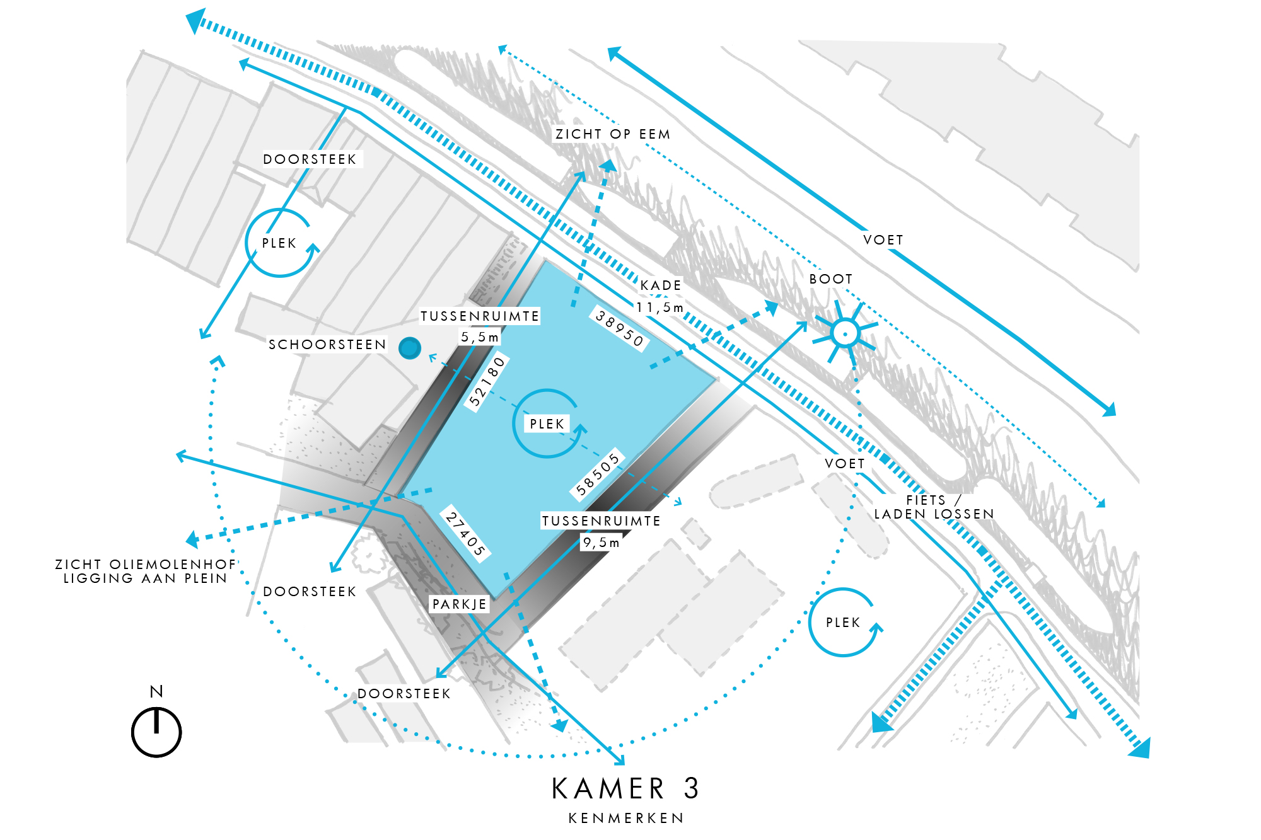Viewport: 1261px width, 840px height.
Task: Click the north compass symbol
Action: [156, 732]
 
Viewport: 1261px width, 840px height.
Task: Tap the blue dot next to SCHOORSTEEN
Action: [410, 348]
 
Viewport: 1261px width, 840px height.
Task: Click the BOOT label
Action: [831, 279]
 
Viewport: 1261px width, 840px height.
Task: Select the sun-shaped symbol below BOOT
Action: [845, 333]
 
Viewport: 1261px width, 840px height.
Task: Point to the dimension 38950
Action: [620, 328]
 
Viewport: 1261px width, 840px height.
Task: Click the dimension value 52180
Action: [487, 382]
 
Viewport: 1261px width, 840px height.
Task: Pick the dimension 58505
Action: [598, 475]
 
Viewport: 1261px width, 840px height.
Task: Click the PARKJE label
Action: [460, 604]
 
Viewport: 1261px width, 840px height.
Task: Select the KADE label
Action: [661, 285]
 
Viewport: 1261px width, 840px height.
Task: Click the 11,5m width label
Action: [660, 308]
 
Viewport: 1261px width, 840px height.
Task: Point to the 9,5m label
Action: [601, 543]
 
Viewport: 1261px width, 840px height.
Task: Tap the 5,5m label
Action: [480, 337]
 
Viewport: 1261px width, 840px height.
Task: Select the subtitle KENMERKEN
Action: [626, 818]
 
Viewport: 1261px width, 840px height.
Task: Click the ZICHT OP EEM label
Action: [612, 134]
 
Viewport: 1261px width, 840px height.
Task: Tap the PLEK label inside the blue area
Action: [547, 424]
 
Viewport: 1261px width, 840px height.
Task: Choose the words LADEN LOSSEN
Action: [934, 514]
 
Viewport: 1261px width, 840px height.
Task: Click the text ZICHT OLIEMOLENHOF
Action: [145, 564]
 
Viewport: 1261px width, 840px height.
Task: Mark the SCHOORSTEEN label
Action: [327, 345]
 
